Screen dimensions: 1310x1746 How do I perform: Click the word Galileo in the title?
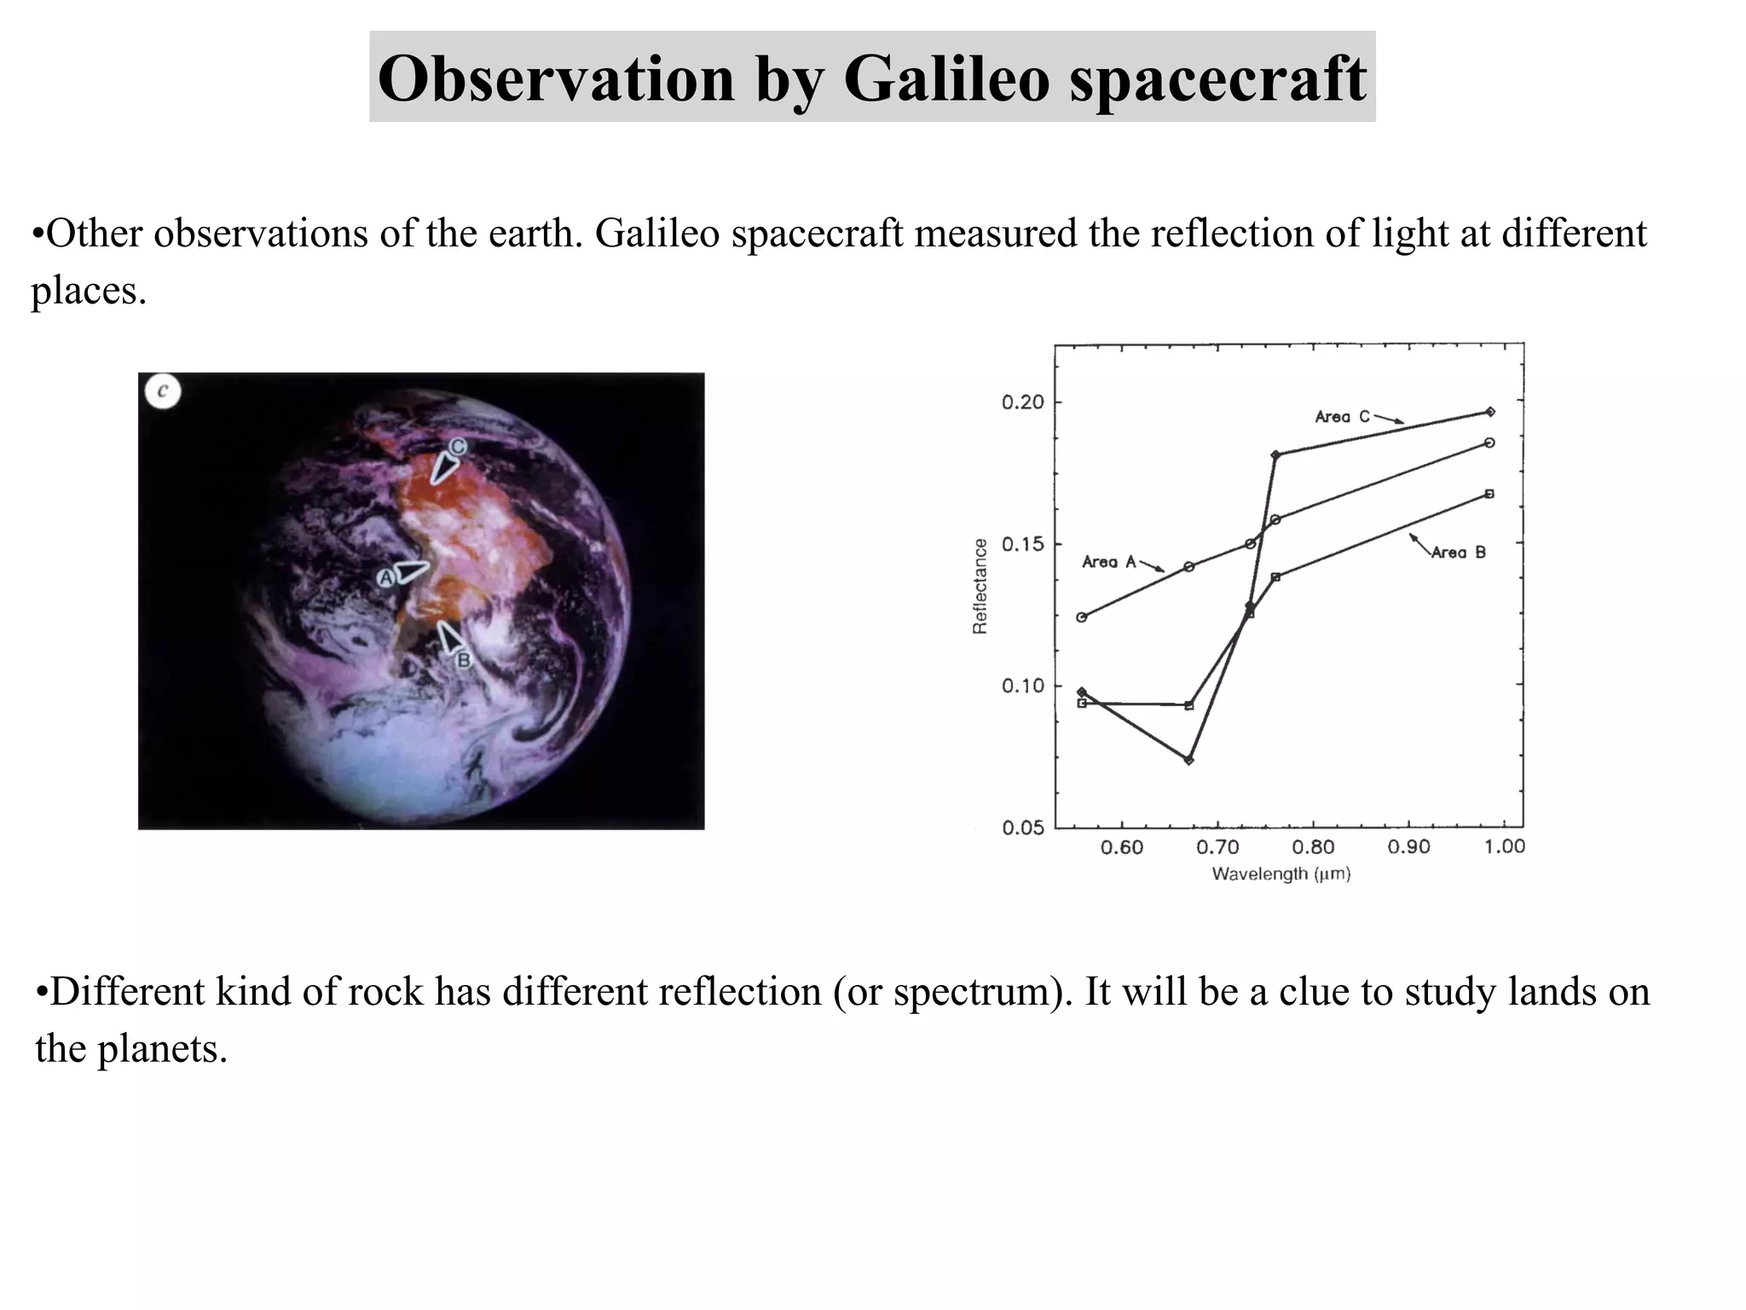[946, 78]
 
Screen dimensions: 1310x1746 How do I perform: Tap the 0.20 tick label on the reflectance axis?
[1022, 403]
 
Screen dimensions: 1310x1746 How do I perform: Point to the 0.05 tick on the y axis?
[1022, 827]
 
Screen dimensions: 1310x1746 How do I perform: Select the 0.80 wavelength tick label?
[1313, 848]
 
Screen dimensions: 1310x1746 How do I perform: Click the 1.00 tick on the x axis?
[1504, 847]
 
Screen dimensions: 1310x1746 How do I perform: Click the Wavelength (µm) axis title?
[1281, 874]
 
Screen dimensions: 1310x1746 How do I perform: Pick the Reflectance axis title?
[980, 586]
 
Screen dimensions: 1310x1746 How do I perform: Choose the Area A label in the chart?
[1108, 562]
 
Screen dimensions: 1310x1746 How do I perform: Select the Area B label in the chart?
[1458, 553]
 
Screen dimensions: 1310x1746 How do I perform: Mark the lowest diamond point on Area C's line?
[1189, 760]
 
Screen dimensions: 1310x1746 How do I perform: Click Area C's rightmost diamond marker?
[1490, 412]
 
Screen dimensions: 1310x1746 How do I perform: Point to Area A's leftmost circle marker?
[1082, 617]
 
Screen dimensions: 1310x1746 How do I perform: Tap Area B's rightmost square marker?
[1489, 494]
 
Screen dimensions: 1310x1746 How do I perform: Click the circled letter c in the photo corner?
[163, 391]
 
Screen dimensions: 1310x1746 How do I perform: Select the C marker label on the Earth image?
[458, 446]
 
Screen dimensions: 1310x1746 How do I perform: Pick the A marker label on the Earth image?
[386, 578]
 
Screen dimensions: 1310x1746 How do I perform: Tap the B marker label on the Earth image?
[464, 659]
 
